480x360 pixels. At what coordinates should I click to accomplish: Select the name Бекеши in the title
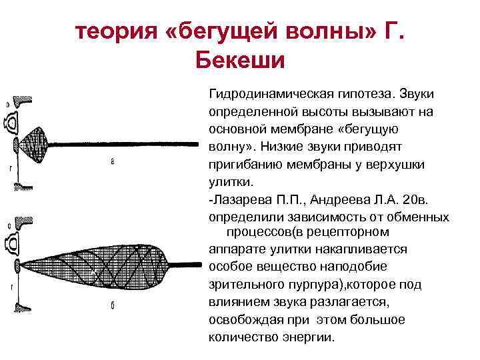pos(240,61)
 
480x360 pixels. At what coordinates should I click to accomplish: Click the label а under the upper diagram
pos(113,161)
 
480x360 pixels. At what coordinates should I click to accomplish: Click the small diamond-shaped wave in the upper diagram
pos(40,142)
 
